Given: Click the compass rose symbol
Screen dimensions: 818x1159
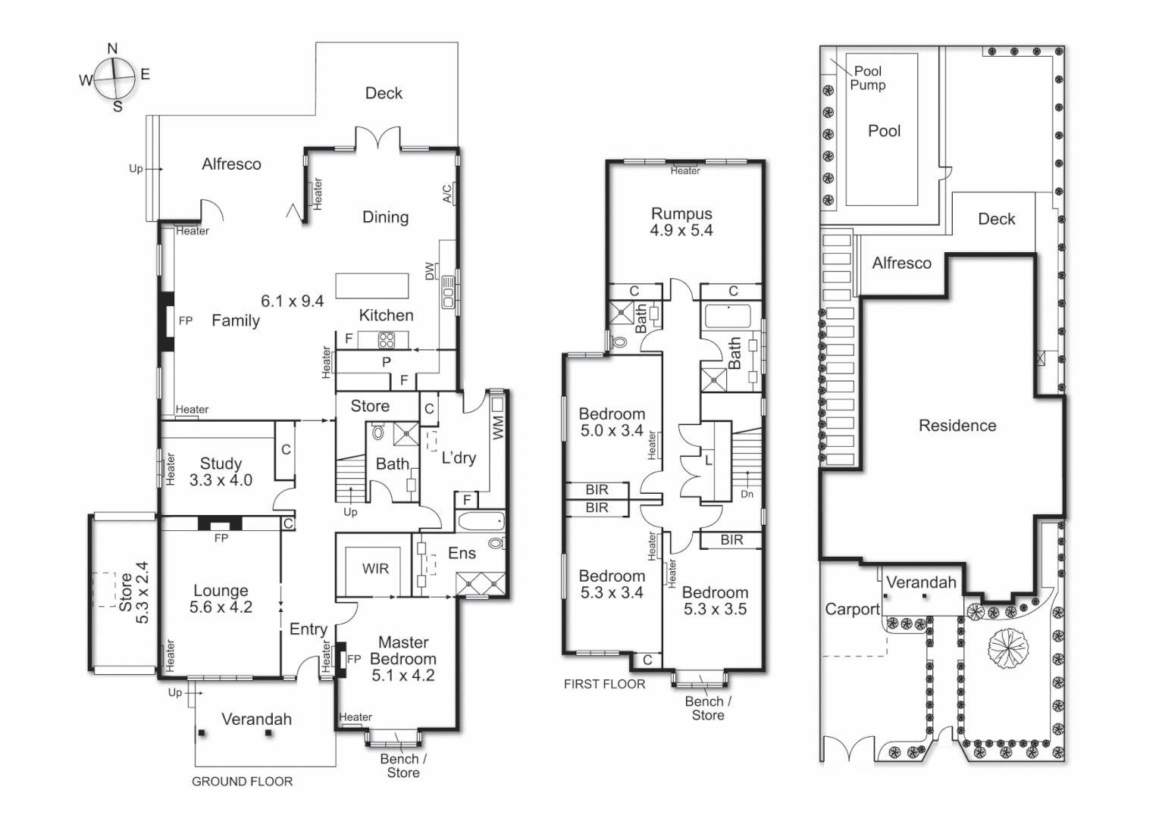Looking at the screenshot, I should pyautogui.click(x=114, y=77).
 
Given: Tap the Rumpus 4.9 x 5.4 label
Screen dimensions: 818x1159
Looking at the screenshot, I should pyautogui.click(x=681, y=222).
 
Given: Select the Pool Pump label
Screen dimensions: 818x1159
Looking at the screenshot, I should pyautogui.click(x=867, y=78).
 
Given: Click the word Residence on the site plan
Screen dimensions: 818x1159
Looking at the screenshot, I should pyautogui.click(x=957, y=426).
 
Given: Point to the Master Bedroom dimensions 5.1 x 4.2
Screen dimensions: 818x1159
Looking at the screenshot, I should pyautogui.click(x=403, y=676).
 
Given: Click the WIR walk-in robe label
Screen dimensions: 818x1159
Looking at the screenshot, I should pyautogui.click(x=375, y=569).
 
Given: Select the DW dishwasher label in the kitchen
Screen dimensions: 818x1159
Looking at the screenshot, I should pyautogui.click(x=430, y=270).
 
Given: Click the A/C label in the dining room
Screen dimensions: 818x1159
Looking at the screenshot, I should pyautogui.click(x=447, y=194).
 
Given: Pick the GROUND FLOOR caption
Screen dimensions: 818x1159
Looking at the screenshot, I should pyautogui.click(x=242, y=782).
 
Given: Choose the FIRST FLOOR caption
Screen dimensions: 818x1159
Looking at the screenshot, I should pyautogui.click(x=604, y=684).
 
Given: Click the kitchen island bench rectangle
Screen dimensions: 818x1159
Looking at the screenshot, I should pyautogui.click(x=372, y=286).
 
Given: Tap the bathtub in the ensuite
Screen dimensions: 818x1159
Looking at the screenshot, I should pyautogui.click(x=480, y=521).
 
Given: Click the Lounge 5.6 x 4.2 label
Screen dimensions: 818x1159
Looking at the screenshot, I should pyautogui.click(x=221, y=598).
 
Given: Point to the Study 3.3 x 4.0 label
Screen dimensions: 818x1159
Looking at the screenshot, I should pyautogui.click(x=221, y=471).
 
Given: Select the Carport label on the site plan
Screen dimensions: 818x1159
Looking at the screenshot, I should pyautogui.click(x=852, y=609).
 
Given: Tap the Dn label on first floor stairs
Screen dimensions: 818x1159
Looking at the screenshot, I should pyautogui.click(x=747, y=494).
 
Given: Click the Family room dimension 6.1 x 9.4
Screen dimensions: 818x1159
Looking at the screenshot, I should pyautogui.click(x=292, y=301).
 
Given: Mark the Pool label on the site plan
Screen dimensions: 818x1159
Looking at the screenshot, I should pyautogui.click(x=884, y=131).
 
